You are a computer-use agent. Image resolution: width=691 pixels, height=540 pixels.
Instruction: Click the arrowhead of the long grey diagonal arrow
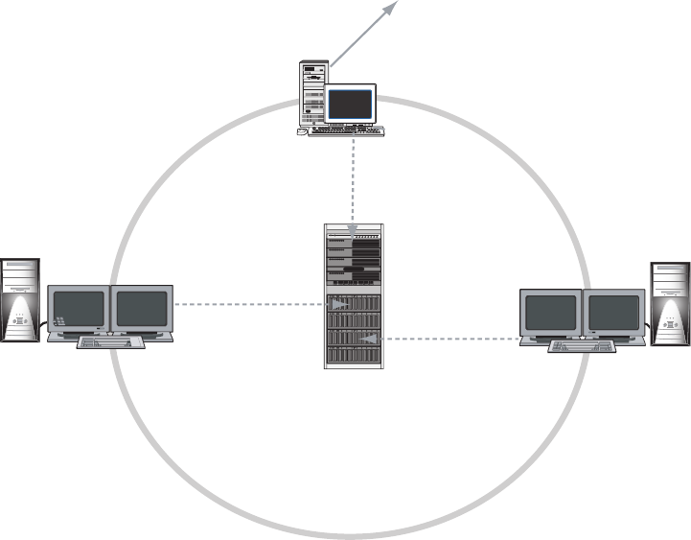(x=391, y=8)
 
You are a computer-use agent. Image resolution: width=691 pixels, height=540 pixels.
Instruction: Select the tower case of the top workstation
(x=312, y=92)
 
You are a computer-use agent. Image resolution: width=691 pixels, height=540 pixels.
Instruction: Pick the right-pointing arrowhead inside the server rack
(x=339, y=306)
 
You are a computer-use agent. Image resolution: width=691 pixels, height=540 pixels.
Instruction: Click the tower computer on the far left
(x=20, y=299)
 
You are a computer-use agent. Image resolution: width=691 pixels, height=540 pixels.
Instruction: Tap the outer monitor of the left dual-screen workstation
(x=79, y=309)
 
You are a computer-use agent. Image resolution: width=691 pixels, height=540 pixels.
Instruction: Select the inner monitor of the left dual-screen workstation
(x=142, y=309)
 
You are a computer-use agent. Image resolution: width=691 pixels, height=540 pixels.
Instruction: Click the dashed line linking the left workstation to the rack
(x=249, y=306)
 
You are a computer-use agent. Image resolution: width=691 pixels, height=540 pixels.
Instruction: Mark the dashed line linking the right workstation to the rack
(x=450, y=339)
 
